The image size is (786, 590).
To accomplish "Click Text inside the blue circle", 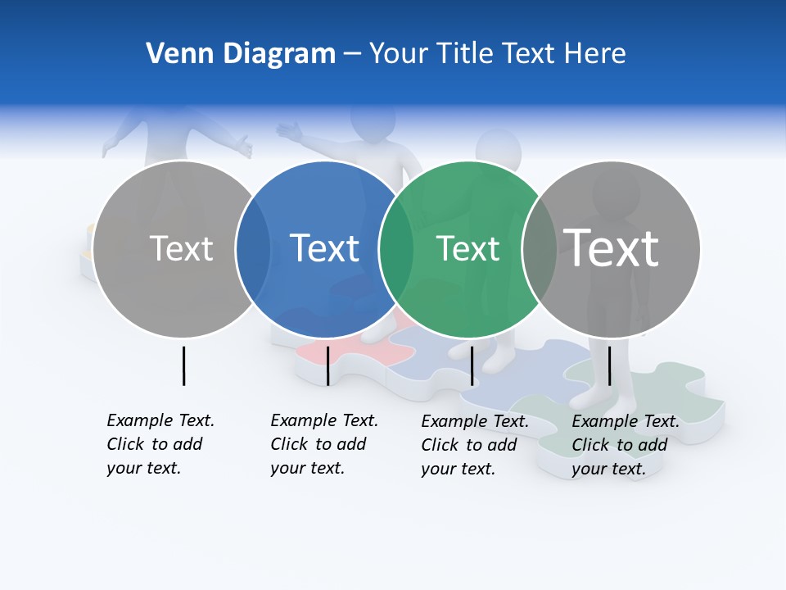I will (325, 248).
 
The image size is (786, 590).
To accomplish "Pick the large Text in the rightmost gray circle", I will (612, 247).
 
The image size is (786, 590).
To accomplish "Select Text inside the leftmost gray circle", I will (182, 248).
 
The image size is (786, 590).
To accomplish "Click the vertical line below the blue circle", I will (327, 365).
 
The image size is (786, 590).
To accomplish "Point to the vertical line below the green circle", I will (472, 365).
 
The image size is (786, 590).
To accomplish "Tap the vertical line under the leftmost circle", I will (183, 365).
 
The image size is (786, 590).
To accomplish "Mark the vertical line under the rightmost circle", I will (609, 365).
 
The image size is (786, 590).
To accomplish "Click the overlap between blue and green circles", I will (396, 249).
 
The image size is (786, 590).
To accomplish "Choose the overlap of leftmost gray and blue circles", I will (253, 249).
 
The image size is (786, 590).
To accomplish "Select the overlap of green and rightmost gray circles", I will (539, 249).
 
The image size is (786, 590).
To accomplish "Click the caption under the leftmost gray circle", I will (160, 444).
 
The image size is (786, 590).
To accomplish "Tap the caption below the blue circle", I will (323, 444).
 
